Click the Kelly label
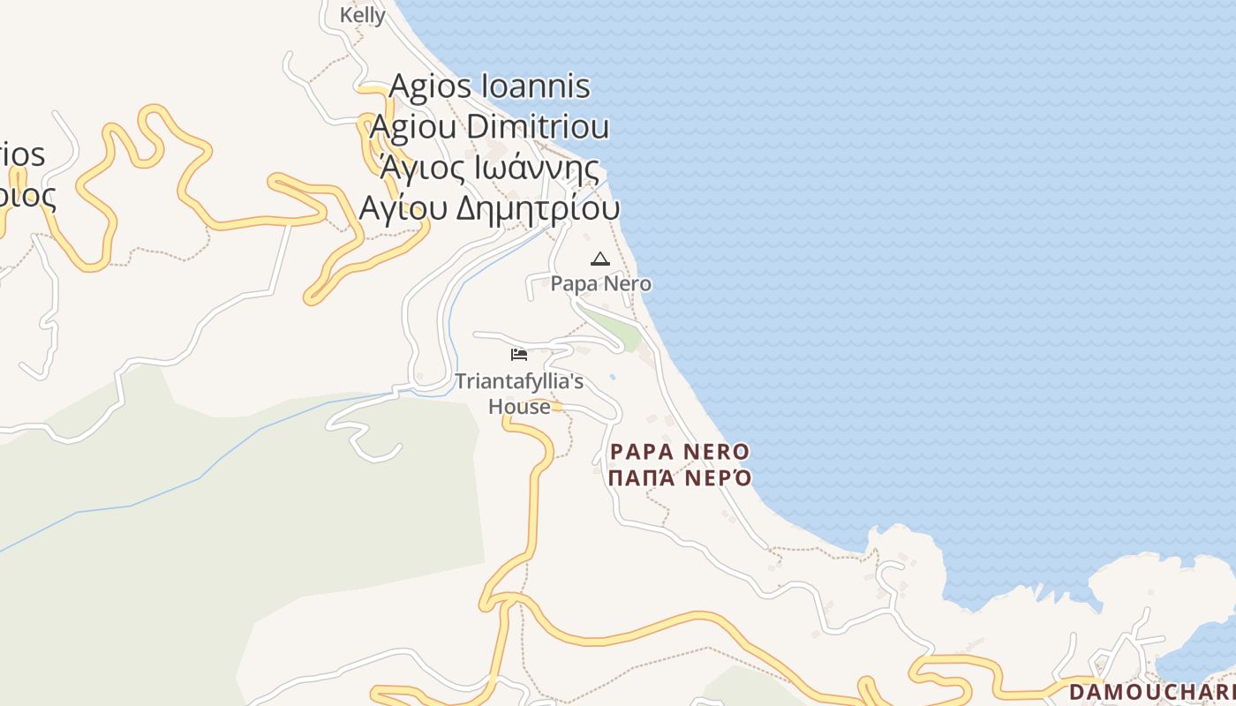pos(362,15)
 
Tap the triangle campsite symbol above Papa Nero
pos(600,259)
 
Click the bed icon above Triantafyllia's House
pos(519,355)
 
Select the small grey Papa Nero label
pos(601,283)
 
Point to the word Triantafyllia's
pos(519,381)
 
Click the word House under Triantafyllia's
pos(519,406)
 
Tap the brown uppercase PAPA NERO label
pos(680,452)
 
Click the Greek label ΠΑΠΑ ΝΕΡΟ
pos(680,478)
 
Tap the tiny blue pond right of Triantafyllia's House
pos(613,377)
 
